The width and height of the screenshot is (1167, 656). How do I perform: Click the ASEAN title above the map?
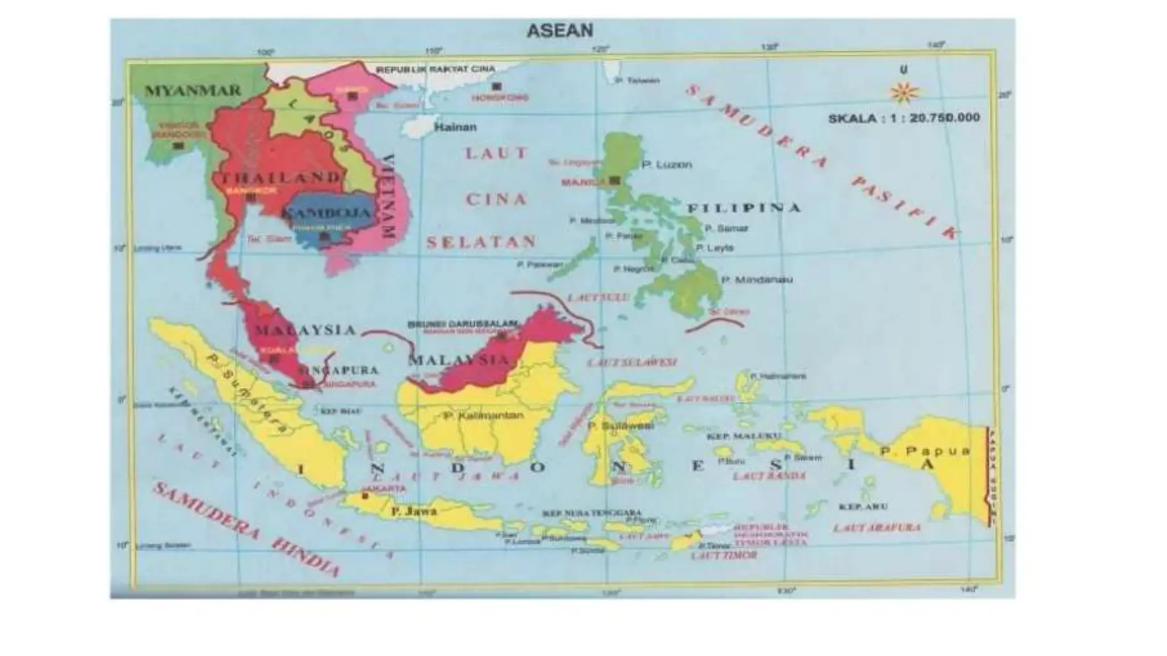click(x=560, y=30)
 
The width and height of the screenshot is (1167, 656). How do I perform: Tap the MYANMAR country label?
click(x=193, y=91)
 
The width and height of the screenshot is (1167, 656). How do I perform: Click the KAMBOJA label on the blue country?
click(x=327, y=214)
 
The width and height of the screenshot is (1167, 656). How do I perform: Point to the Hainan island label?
click(x=455, y=127)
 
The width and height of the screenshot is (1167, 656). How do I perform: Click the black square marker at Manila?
click(x=614, y=181)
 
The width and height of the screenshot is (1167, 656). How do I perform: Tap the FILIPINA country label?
click(x=744, y=208)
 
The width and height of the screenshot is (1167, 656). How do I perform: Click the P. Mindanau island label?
click(x=756, y=280)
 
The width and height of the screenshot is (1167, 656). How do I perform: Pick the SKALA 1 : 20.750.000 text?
click(x=904, y=118)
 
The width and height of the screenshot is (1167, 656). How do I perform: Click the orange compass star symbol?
click(x=904, y=92)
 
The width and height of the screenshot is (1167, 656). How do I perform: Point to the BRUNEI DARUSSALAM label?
click(x=462, y=323)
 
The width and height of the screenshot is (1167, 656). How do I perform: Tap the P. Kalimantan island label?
click(x=483, y=416)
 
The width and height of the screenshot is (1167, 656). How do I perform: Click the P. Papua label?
click(x=924, y=452)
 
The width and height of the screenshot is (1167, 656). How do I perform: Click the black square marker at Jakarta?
click(x=365, y=497)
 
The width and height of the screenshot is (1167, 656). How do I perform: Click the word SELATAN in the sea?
click(x=481, y=242)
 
